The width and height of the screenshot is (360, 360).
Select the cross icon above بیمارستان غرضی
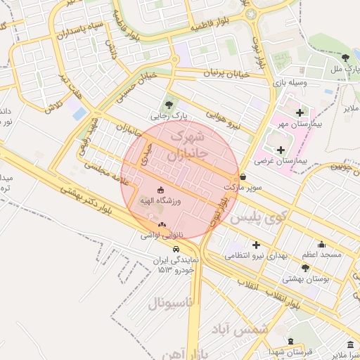(x=281, y=150)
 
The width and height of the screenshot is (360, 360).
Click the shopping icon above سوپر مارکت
(x=243, y=178)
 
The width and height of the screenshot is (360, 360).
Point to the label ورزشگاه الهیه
(x=162, y=201)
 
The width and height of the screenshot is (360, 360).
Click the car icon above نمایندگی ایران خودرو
(x=175, y=248)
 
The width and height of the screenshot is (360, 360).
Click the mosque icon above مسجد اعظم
(x=322, y=244)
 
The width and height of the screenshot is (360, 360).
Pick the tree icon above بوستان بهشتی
(x=304, y=268)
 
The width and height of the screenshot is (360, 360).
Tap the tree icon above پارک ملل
(x=345, y=58)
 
